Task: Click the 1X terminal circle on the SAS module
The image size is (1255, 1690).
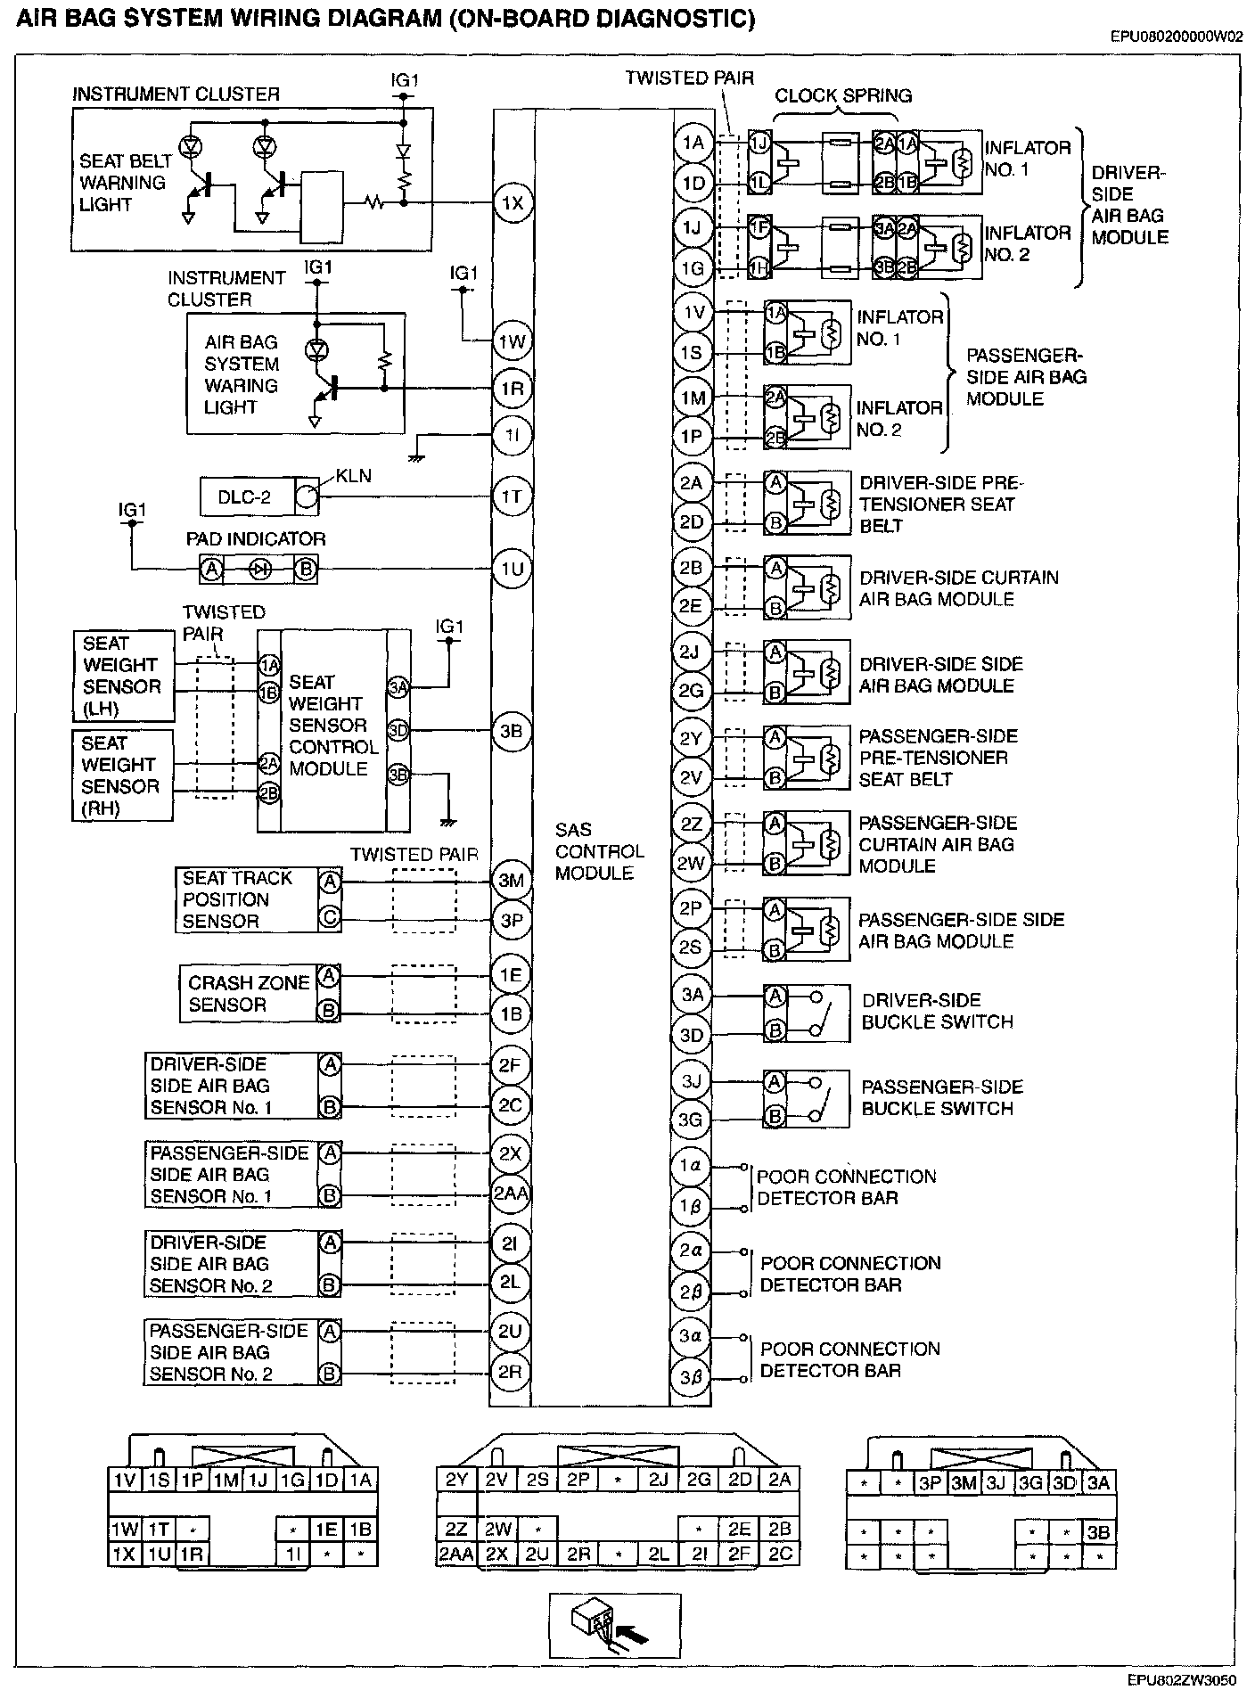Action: (512, 203)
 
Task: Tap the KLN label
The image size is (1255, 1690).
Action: (353, 477)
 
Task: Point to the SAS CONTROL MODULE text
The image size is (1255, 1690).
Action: (598, 851)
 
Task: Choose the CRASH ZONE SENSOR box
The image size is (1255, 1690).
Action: (249, 994)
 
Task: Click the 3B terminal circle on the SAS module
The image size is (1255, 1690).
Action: (512, 731)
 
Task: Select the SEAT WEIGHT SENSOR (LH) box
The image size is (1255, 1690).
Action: (124, 677)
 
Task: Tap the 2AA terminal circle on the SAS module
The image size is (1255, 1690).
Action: (511, 1194)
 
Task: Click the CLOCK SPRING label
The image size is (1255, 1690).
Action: (842, 96)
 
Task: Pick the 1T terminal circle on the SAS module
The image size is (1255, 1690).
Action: (512, 496)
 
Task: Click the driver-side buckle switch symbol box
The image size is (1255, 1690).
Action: (806, 1013)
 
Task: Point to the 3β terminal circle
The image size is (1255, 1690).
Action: (692, 1377)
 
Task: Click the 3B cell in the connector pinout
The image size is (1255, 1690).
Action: (1098, 1533)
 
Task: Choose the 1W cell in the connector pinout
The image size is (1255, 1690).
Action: (125, 1530)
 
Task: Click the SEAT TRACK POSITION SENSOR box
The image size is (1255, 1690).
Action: (247, 900)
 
